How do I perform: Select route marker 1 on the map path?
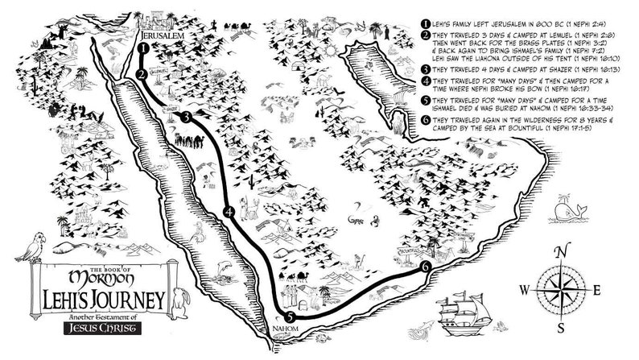[x=142, y=48]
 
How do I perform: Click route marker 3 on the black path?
[x=187, y=118]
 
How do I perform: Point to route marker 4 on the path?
[x=230, y=213]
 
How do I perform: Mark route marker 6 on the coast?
[x=425, y=266]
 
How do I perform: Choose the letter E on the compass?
[x=596, y=289]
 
